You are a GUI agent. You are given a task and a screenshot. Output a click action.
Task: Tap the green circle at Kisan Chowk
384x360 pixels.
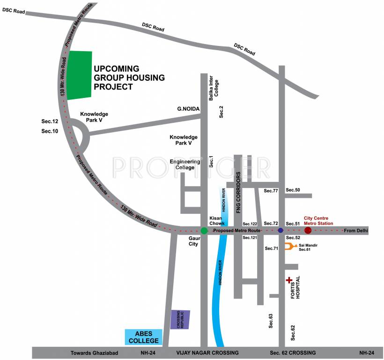[204, 231]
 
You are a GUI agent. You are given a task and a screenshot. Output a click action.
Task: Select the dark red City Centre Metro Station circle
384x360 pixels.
[308, 230]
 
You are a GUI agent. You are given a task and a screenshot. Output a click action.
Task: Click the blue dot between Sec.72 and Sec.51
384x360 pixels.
[281, 230]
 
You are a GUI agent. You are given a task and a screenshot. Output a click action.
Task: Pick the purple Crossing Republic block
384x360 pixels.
[180, 319]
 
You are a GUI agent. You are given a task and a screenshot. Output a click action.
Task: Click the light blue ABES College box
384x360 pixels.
[143, 337]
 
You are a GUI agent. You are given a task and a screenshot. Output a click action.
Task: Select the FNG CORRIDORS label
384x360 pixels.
[238, 193]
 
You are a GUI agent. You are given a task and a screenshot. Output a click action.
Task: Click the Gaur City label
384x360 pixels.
[194, 241]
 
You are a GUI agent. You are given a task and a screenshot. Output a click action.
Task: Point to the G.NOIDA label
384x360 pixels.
[188, 109]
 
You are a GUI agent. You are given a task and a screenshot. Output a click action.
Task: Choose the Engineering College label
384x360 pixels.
[185, 165]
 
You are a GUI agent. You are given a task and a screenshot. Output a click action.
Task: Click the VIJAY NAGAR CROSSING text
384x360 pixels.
[207, 352]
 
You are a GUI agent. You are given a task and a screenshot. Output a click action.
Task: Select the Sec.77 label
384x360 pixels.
[271, 191]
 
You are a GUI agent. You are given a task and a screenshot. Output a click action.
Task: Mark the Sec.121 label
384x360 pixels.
[250, 238]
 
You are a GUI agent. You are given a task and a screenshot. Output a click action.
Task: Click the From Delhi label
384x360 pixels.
[356, 231]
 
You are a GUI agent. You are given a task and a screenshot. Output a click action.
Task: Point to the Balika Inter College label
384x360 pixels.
[214, 87]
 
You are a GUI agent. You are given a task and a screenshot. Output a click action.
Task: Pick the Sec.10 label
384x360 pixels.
[49, 131]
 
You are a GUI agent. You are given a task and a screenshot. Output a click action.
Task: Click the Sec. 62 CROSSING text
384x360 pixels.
[293, 352]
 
